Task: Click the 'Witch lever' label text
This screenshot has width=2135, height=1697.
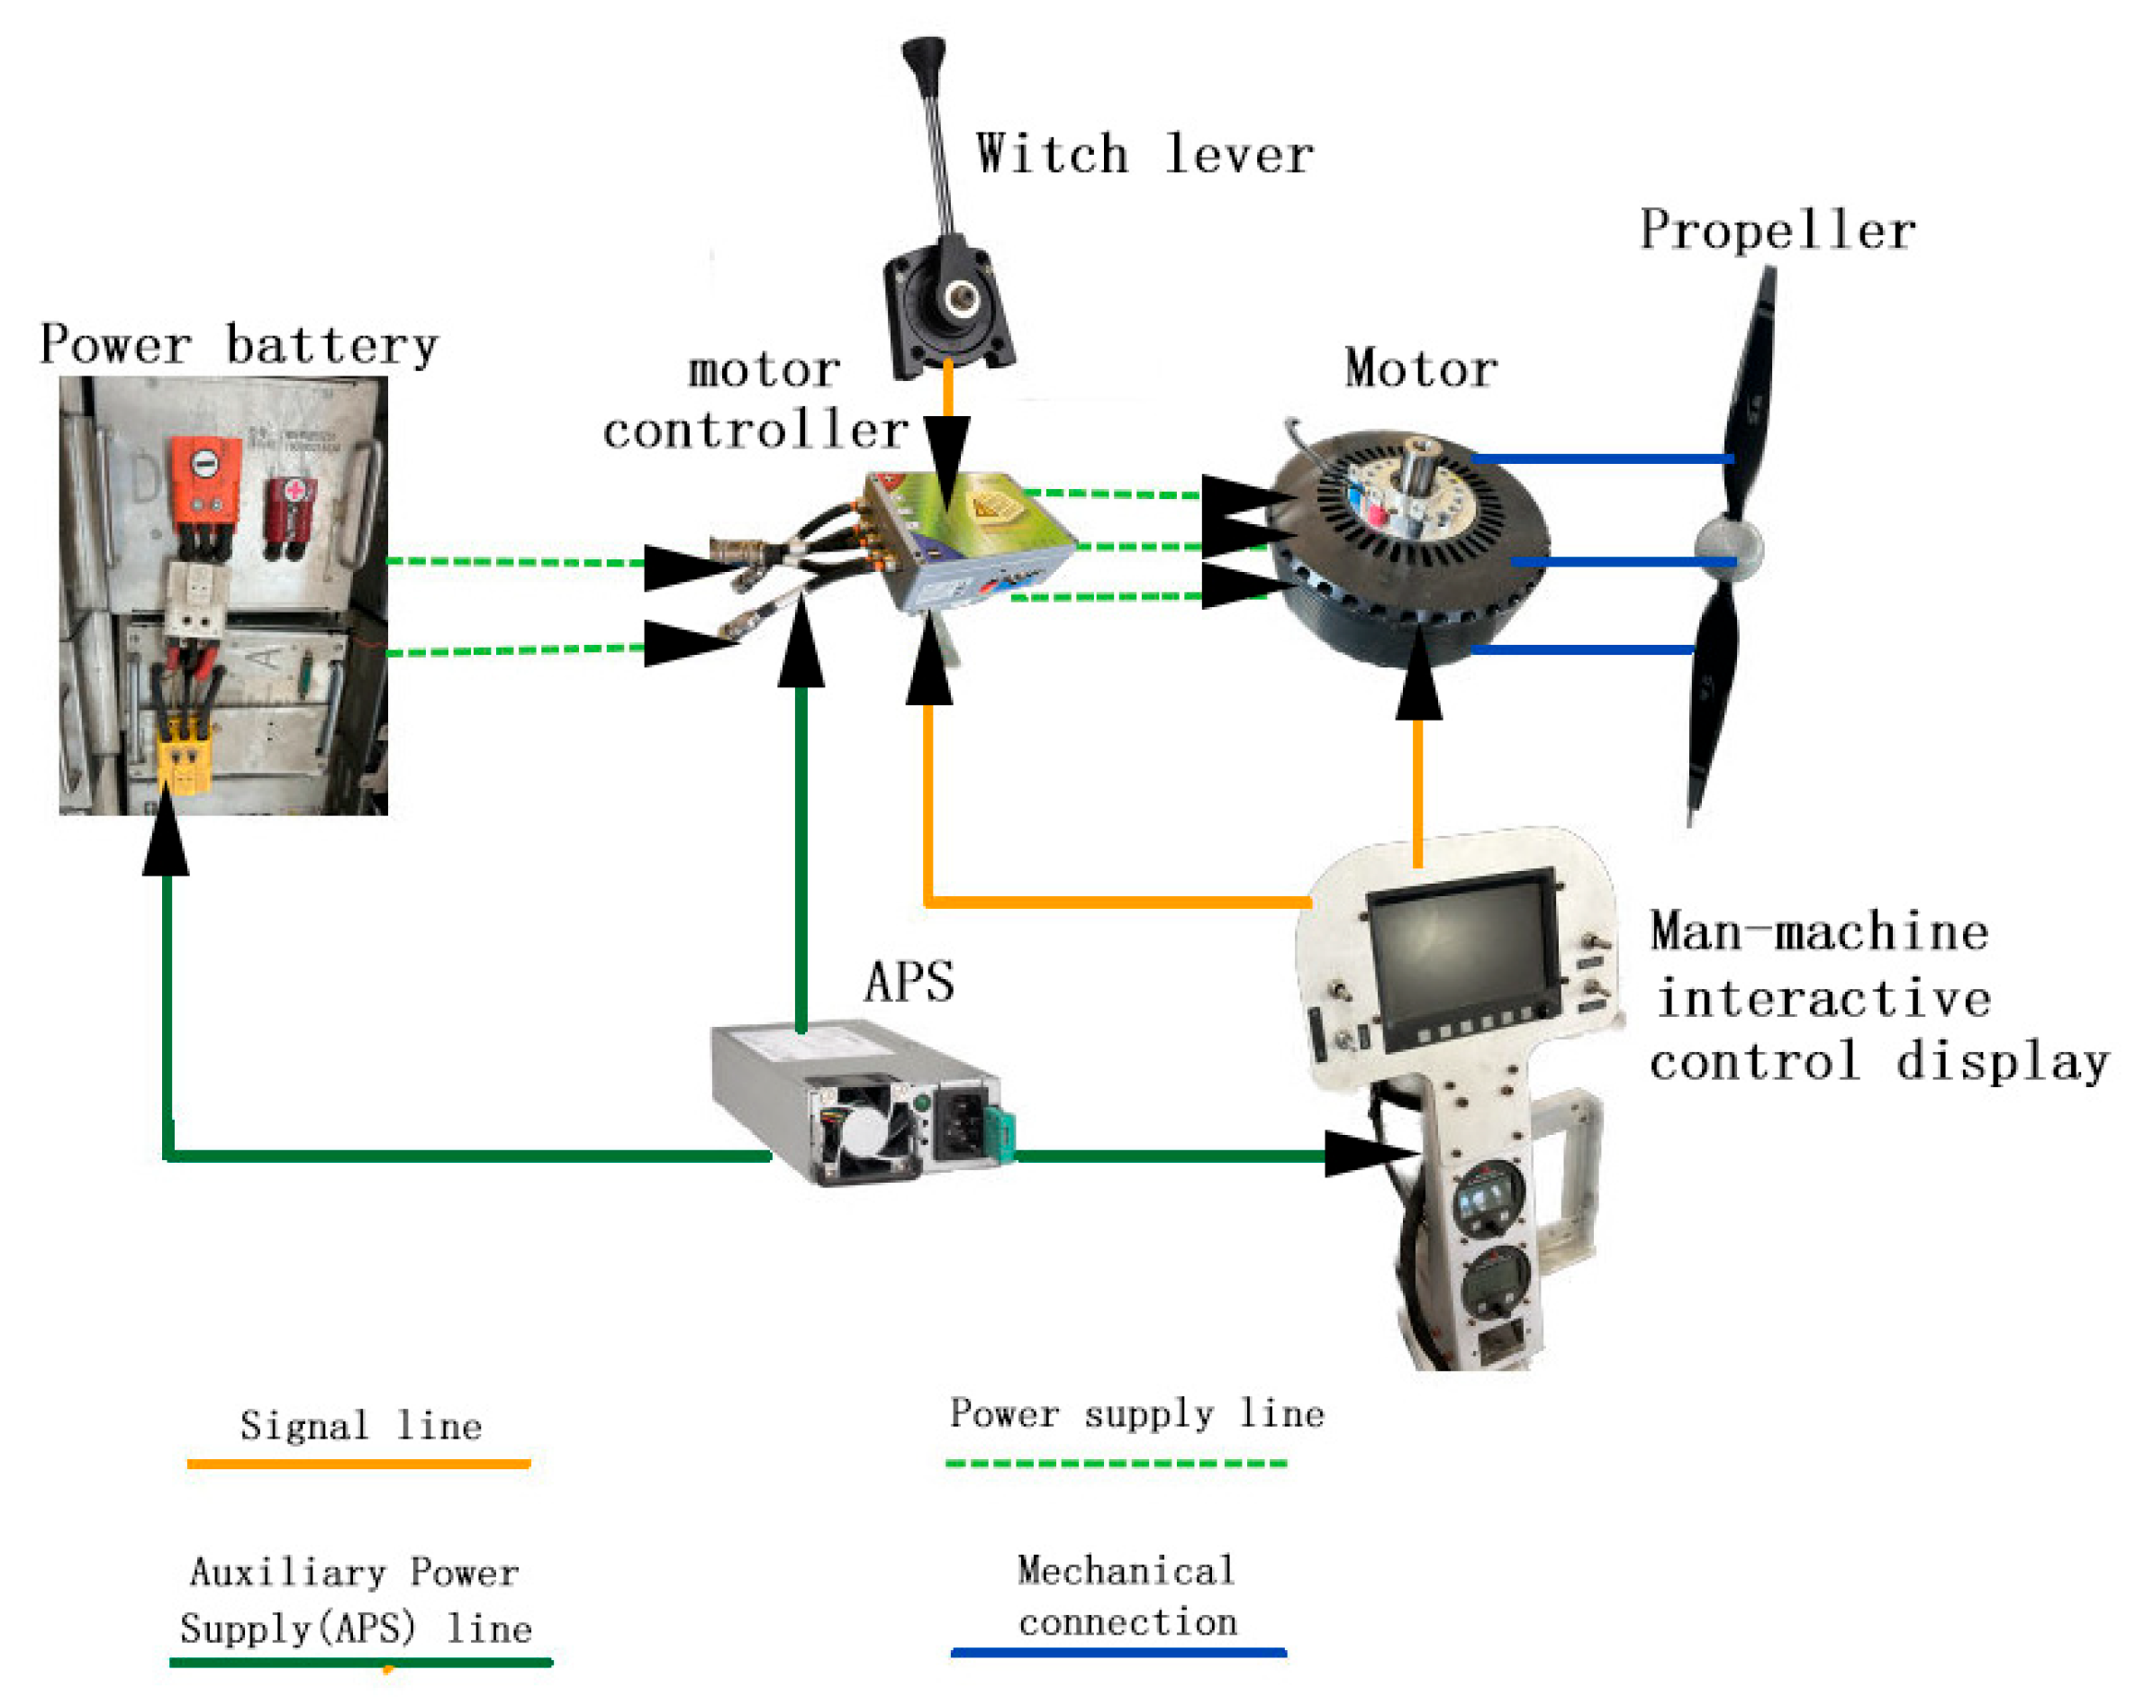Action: [x=1144, y=153]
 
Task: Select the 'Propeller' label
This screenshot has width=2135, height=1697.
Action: [x=1777, y=231]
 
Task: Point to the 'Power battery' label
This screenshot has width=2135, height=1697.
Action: [x=239, y=346]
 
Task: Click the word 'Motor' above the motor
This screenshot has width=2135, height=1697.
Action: [x=1420, y=369]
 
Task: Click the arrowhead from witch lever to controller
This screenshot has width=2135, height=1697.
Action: [x=946, y=450]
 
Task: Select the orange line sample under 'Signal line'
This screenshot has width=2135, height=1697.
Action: [x=358, y=1462]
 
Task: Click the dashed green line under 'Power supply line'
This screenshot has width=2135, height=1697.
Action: [x=1116, y=1462]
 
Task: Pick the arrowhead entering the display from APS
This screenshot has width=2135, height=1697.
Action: [x=1367, y=1154]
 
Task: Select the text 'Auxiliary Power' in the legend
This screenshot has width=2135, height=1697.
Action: [x=354, y=1572]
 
